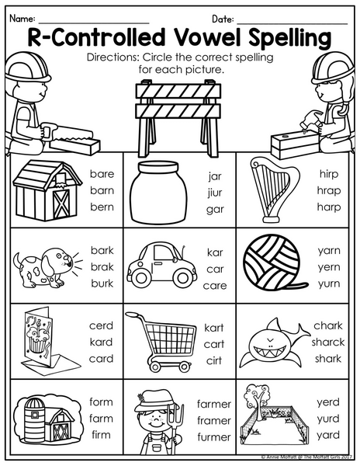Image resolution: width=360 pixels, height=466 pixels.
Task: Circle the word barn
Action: [102, 190]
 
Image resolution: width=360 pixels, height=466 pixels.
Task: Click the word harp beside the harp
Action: [328, 207]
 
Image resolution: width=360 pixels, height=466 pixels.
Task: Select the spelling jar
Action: [215, 176]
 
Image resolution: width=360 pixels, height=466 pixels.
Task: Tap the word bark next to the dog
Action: [102, 250]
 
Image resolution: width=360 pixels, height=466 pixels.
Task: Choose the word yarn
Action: [329, 252]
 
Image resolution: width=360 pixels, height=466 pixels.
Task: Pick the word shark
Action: [328, 359]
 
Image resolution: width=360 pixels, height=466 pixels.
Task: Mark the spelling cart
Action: [214, 344]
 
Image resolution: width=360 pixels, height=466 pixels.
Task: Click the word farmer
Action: [214, 404]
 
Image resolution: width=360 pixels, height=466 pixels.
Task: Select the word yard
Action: [328, 436]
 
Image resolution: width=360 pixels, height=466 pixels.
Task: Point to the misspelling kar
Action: [215, 252]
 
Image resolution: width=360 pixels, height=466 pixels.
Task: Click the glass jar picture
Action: [159, 192]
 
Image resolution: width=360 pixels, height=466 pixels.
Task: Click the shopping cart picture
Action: [161, 341]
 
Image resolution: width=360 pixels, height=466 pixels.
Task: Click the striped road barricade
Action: [178, 117]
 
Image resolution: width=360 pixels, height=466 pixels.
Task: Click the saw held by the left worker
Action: [67, 135]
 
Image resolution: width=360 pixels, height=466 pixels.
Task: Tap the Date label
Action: [223, 19]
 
